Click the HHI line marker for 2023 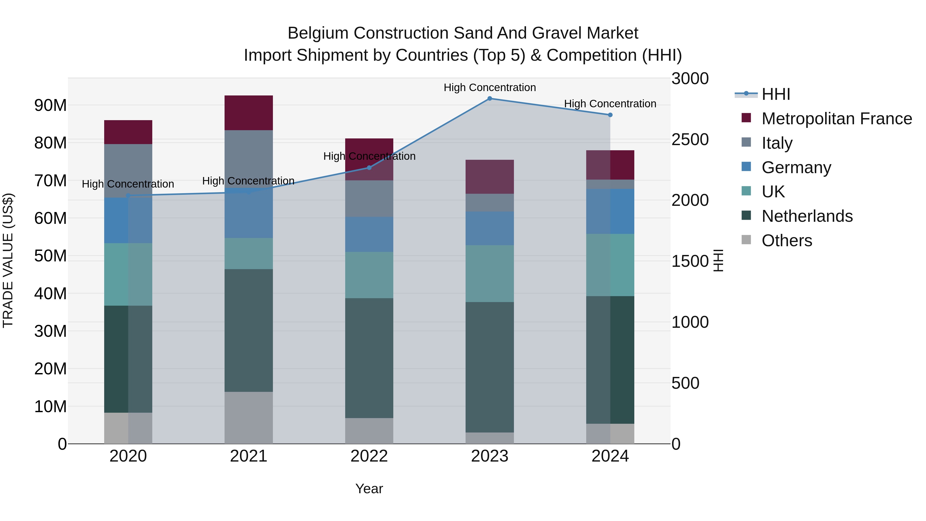point(489,98)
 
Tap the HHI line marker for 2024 point(610,115)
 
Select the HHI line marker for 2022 point(369,167)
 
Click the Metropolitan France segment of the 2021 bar point(248,112)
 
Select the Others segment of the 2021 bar point(248,418)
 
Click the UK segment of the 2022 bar point(369,275)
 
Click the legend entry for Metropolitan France point(836,119)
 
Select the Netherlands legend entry point(807,216)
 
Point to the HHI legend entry point(775,94)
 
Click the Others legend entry point(787,241)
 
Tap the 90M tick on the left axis point(50,105)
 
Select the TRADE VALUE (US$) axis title point(8,260)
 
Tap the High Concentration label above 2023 point(489,87)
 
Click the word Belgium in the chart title point(318,33)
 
